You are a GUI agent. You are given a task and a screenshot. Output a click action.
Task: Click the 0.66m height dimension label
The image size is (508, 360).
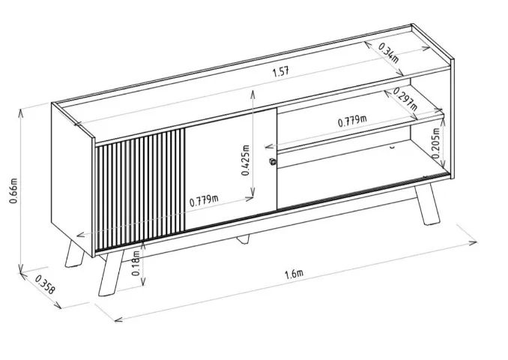[x=13, y=190]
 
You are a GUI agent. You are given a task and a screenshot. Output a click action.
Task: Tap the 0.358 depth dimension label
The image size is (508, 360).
[x=45, y=284]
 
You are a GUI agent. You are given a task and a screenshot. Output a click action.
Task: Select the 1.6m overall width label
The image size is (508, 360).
[x=294, y=274]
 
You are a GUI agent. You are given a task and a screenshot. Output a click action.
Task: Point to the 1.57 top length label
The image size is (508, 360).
[x=280, y=71]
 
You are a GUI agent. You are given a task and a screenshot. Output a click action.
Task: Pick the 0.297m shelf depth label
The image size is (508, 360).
[x=405, y=99]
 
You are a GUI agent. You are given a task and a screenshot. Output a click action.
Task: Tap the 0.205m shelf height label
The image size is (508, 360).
[x=436, y=143]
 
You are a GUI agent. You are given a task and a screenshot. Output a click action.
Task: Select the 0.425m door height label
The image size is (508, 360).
[x=246, y=160]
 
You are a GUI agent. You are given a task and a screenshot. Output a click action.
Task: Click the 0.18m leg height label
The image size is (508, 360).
[x=136, y=263]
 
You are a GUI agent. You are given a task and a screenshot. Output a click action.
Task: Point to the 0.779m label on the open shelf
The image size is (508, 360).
[x=352, y=121]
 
